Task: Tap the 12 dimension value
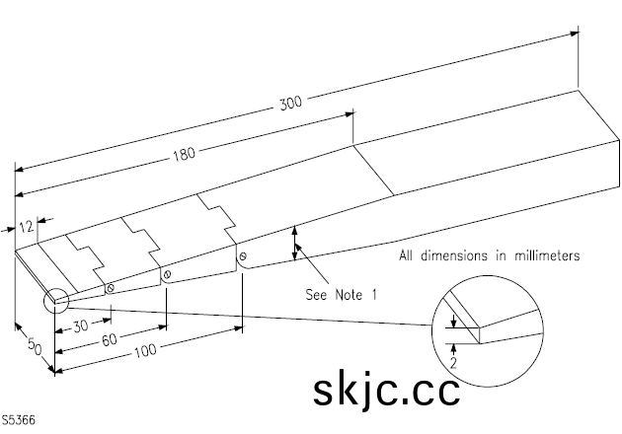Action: point(27,226)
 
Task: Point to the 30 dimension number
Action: point(75,325)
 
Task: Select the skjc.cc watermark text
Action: point(387,389)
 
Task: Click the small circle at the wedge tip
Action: point(53,298)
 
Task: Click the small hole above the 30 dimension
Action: point(110,288)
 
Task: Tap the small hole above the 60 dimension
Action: point(167,273)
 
